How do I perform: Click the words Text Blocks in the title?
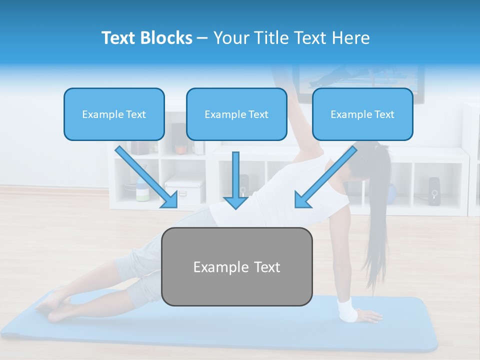(x=146, y=38)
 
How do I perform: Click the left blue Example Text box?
(x=114, y=114)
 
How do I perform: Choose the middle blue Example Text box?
(x=236, y=114)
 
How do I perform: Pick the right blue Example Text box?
(x=362, y=114)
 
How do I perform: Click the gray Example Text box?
(x=236, y=267)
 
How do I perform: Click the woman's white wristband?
(x=347, y=310)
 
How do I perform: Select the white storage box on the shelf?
(x=184, y=189)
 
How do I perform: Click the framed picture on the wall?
(x=360, y=82)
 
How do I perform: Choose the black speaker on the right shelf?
(x=434, y=189)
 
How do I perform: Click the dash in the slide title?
(x=202, y=38)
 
